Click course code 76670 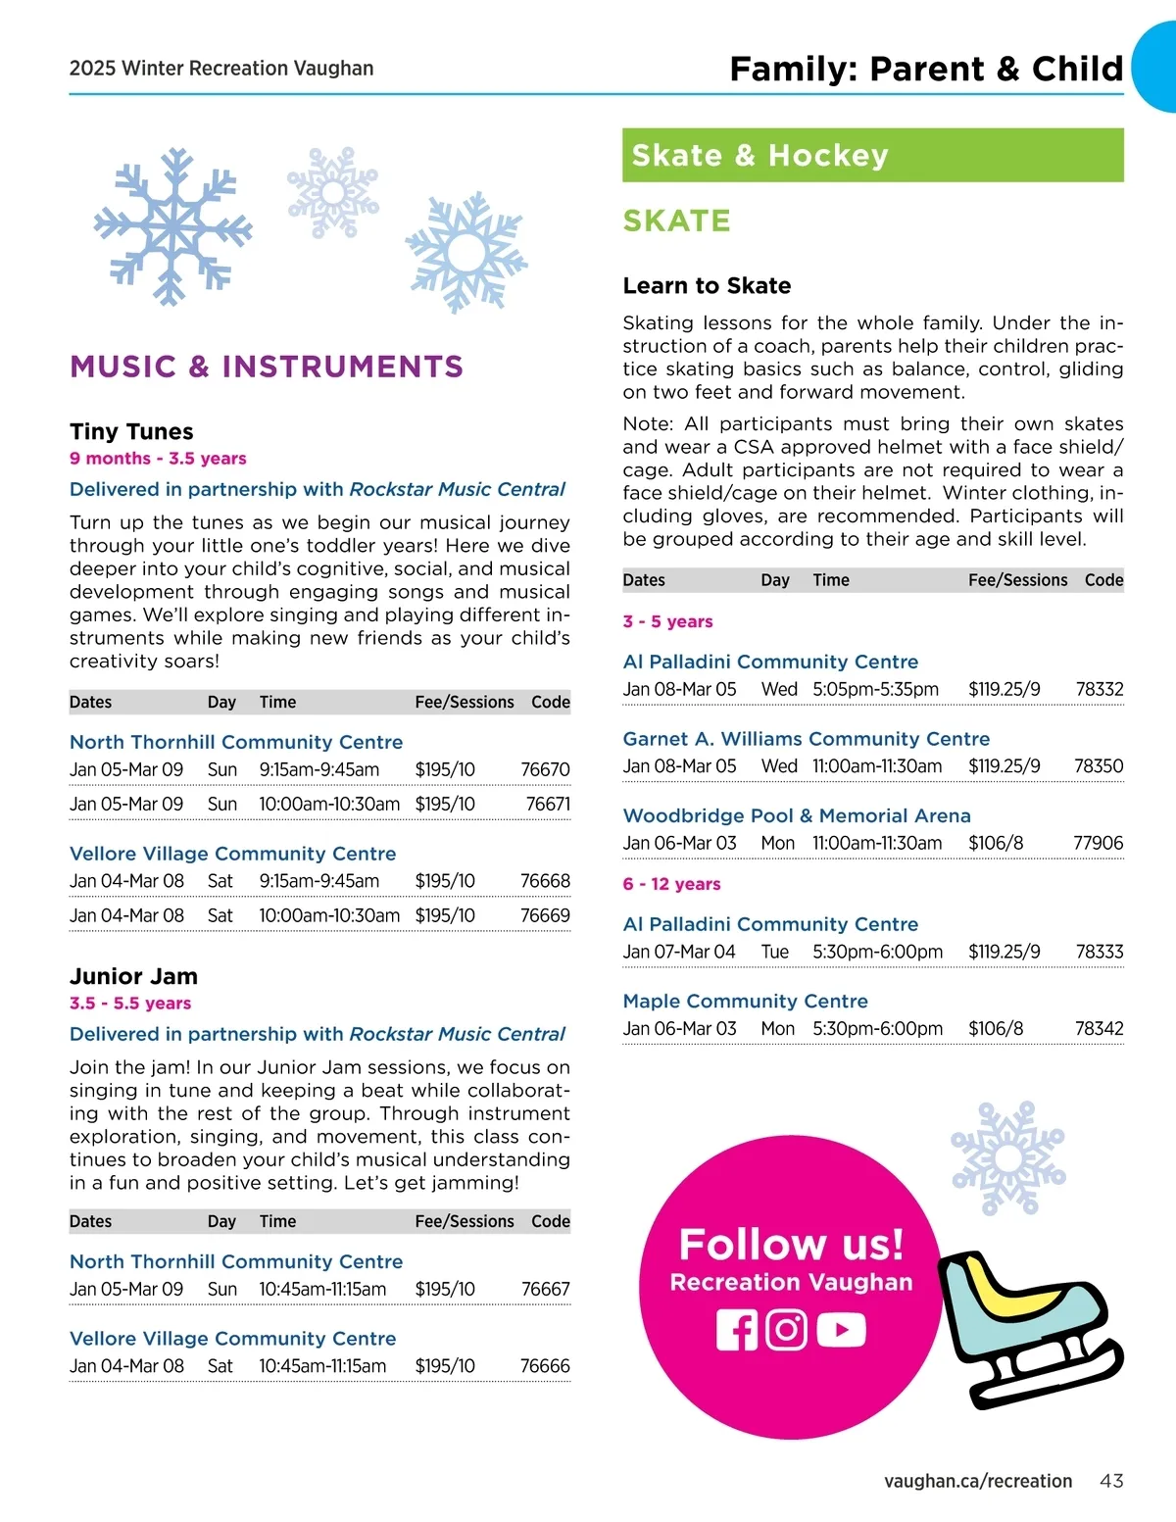[x=545, y=770]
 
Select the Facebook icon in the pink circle [x=737, y=1330]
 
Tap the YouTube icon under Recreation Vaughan [x=841, y=1330]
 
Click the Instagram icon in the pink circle [x=786, y=1330]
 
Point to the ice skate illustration [x=1029, y=1328]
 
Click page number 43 [x=1111, y=1481]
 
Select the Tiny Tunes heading [x=131, y=432]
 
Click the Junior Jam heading [x=133, y=977]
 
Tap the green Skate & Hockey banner [x=872, y=155]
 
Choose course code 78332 [x=1099, y=690]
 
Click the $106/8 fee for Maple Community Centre [x=996, y=1029]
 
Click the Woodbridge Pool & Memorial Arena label [x=797, y=816]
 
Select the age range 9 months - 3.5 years [x=158, y=459]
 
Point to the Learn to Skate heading [x=707, y=286]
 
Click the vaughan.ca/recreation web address [x=977, y=1481]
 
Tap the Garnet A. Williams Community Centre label [x=807, y=739]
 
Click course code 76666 [x=545, y=1366]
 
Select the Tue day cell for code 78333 [x=774, y=953]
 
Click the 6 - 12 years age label [x=671, y=884]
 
